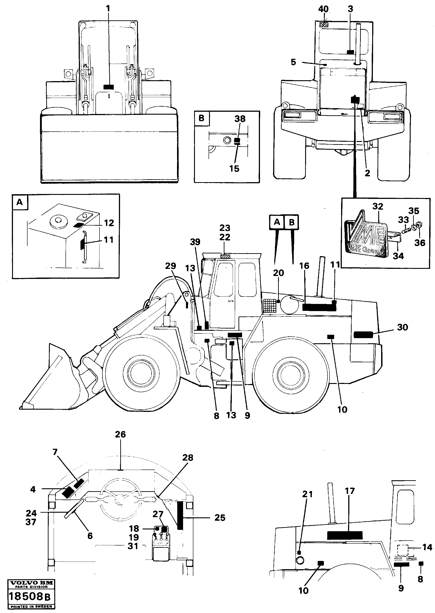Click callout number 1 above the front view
click(x=108, y=9)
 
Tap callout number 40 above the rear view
click(x=323, y=9)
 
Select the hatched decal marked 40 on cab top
click(x=324, y=25)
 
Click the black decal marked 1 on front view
click(x=109, y=87)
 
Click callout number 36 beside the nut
click(x=420, y=243)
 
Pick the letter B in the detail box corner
click(x=201, y=118)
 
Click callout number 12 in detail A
click(x=109, y=223)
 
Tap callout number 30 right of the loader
click(x=402, y=327)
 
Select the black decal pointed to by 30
click(x=363, y=335)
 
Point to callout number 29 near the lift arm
click(x=170, y=266)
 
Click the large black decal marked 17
click(x=345, y=535)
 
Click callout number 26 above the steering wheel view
click(x=120, y=434)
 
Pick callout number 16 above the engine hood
click(x=304, y=266)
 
